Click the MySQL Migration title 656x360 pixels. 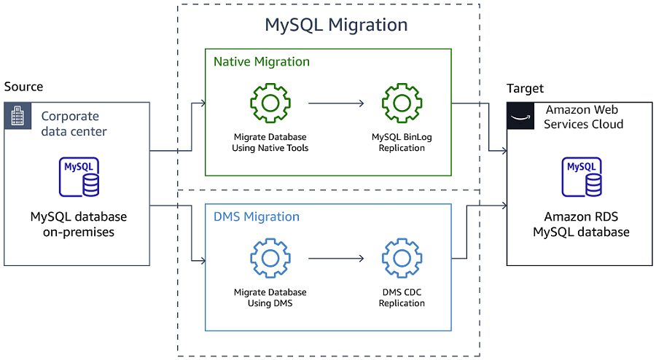click(336, 25)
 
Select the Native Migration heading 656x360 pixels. click(261, 62)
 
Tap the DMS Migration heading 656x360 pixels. click(256, 216)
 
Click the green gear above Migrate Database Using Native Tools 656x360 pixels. click(270, 103)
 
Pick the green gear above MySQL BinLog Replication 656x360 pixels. click(402, 103)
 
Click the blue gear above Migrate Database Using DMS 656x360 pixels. click(270, 258)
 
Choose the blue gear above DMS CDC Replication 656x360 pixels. click(402, 258)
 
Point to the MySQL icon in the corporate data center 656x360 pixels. click(79, 177)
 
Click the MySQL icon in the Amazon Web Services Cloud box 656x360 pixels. click(581, 177)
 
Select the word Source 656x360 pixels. click(23, 87)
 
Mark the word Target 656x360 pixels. click(525, 88)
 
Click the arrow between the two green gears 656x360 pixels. click(336, 103)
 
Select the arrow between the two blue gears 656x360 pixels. click(336, 258)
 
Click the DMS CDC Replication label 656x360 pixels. click(402, 297)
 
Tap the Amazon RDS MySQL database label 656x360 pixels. click(581, 224)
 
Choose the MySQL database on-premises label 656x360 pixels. click(79, 224)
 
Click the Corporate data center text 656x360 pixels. click(74, 124)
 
